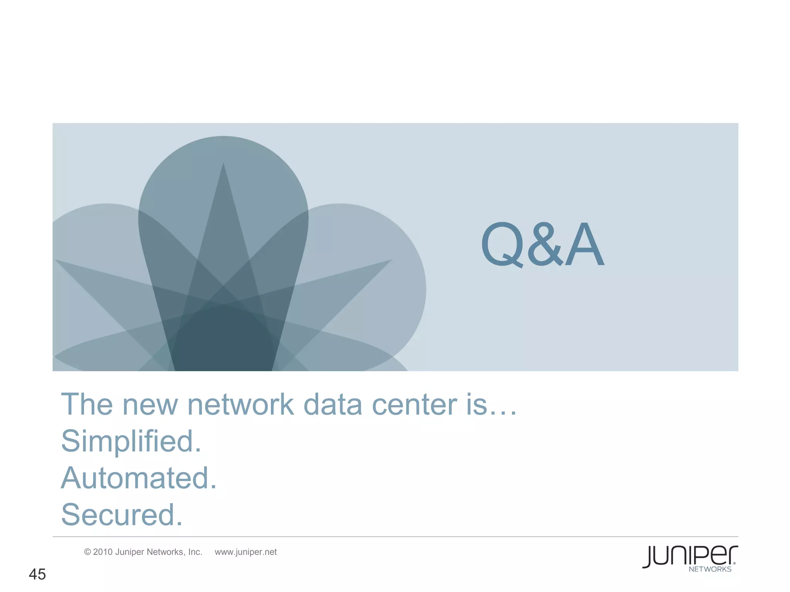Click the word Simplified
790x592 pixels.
pos(131,441)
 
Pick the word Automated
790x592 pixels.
pos(139,478)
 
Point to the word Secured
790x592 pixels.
pos(122,515)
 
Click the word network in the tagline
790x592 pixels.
pos(240,405)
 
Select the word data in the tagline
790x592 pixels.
pos(333,405)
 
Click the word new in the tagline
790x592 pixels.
pos(150,405)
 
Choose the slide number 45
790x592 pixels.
pos(37,574)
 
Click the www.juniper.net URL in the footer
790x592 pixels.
pos(246,552)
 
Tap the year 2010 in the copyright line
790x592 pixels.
pos(103,552)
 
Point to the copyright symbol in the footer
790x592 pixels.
pos(88,552)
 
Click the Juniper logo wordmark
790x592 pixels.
pos(690,556)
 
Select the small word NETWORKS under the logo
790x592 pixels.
pos(710,569)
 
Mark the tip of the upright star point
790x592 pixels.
pos(223,164)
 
